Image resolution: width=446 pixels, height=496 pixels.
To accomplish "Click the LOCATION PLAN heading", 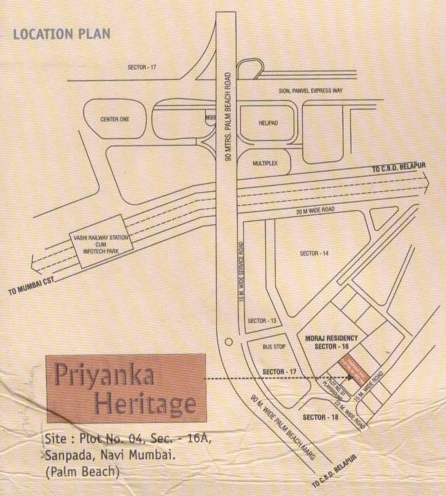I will pyautogui.click(x=61, y=34).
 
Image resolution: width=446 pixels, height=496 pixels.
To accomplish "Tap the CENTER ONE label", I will pyautogui.click(x=114, y=119).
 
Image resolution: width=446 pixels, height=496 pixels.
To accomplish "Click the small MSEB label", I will pyautogui.click(x=210, y=116).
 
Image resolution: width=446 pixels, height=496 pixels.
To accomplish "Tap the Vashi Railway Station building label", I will pyautogui.click(x=97, y=243).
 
